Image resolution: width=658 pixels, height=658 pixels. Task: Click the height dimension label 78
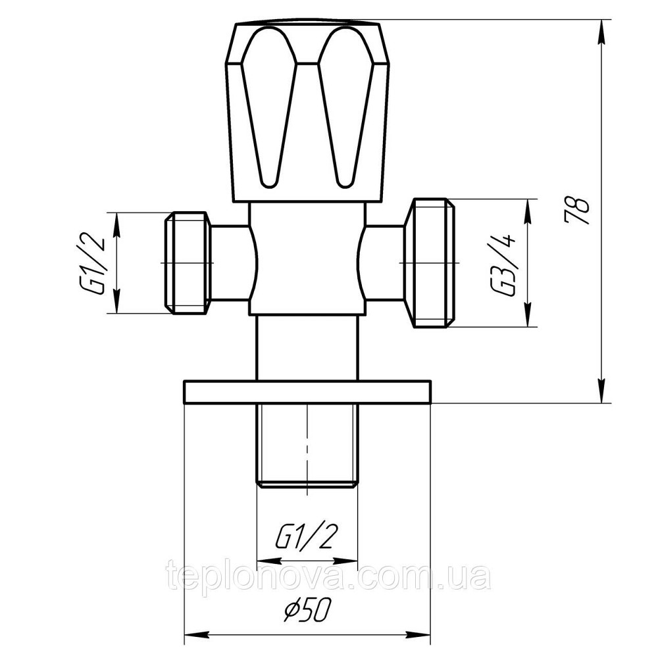(x=577, y=210)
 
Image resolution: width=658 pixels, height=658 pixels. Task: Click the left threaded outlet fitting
(x=188, y=262)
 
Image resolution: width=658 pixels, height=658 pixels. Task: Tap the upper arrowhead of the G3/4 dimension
(x=527, y=210)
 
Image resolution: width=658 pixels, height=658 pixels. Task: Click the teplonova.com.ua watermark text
(x=329, y=577)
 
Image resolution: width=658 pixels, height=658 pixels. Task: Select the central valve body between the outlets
(x=307, y=260)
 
